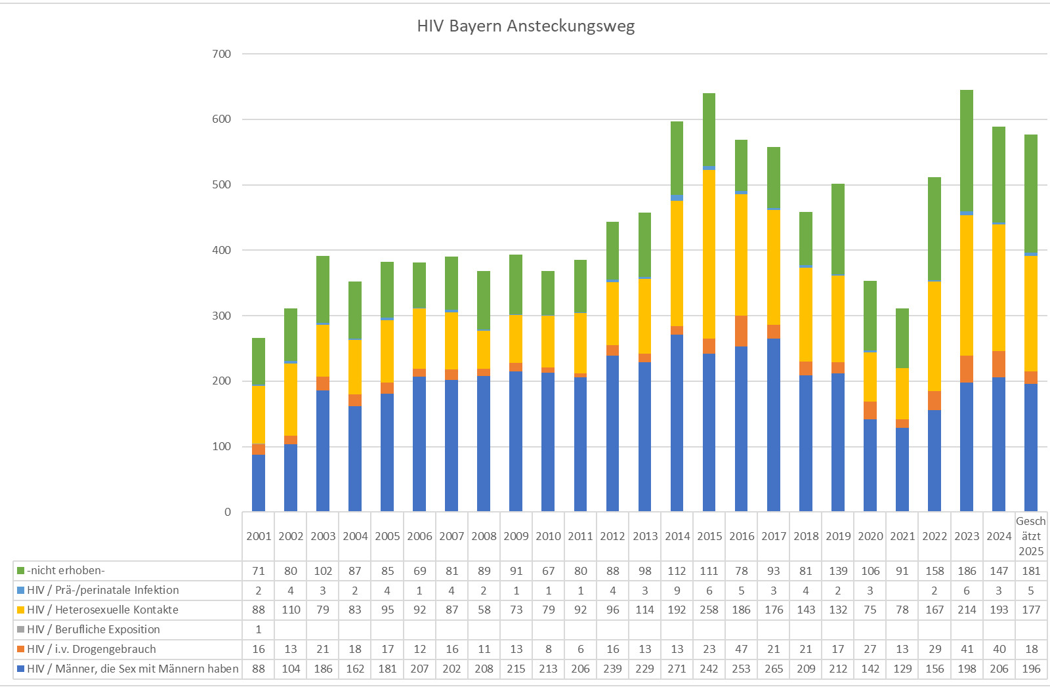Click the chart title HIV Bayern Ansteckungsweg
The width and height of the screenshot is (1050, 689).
[x=526, y=26]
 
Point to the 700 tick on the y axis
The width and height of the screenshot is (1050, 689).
[x=222, y=54]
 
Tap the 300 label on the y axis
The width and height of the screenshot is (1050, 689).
[x=222, y=316]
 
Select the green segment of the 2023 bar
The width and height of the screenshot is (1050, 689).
[x=967, y=151]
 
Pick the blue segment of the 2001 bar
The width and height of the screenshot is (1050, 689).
[x=259, y=483]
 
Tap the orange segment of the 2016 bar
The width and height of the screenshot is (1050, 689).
[x=742, y=331]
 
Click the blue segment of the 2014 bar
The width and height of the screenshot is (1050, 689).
[x=677, y=423]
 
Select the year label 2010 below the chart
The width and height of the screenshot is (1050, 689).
[x=548, y=536]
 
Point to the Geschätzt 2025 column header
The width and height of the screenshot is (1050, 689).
[x=1031, y=536]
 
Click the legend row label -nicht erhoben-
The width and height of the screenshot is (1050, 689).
[x=66, y=570]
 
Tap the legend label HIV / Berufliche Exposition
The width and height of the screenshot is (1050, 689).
[x=93, y=629]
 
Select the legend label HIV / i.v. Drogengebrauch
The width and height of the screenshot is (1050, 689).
[x=91, y=649]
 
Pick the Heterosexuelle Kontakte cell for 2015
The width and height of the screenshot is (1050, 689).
[x=709, y=610]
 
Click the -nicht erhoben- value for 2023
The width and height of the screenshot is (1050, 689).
[x=967, y=571]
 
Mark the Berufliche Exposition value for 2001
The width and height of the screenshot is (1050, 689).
[x=259, y=629]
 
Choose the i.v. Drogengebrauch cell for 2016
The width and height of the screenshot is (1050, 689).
[x=742, y=649]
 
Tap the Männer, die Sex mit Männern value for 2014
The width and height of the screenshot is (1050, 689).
[x=677, y=669]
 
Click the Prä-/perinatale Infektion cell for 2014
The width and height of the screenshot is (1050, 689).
[x=677, y=591]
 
